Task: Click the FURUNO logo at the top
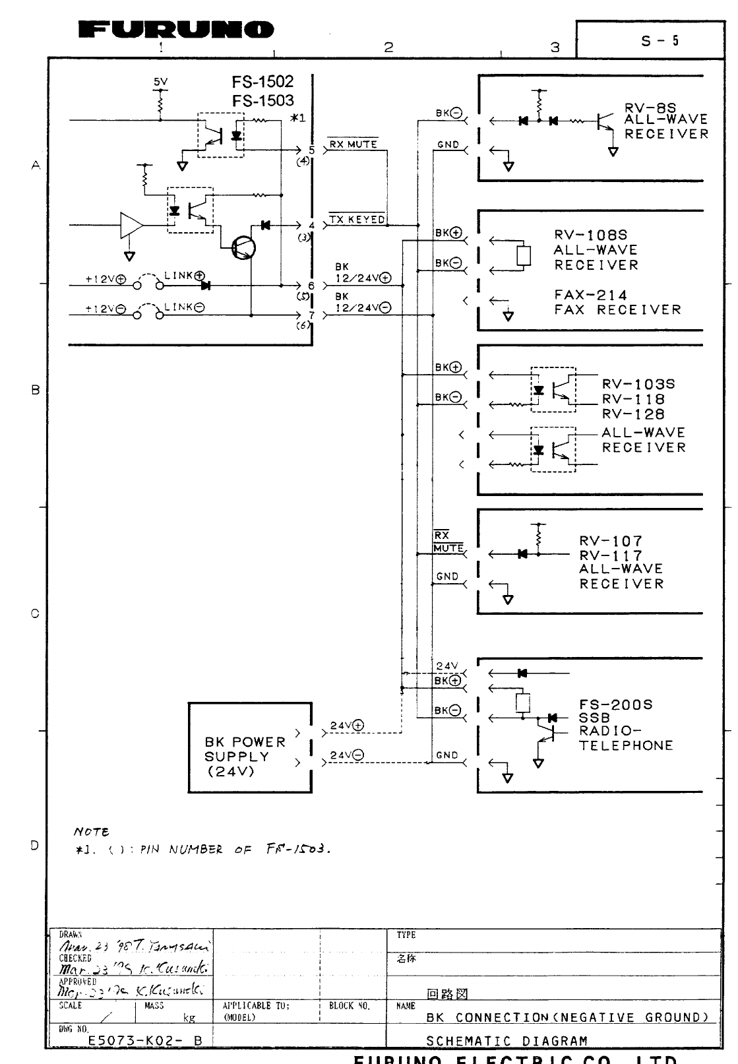pyautogui.click(x=175, y=30)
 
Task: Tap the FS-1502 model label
pyautogui.click(x=262, y=82)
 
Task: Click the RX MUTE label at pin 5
pyautogui.click(x=353, y=144)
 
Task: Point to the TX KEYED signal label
pyautogui.click(x=357, y=220)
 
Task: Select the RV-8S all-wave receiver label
pyautogui.click(x=666, y=121)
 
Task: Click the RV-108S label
pyautogui.click(x=591, y=235)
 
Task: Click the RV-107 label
pyautogui.click(x=611, y=542)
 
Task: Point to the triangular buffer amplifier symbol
pyautogui.click(x=131, y=225)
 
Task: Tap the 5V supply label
pyautogui.click(x=160, y=82)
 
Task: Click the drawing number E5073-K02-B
pyautogui.click(x=145, y=1041)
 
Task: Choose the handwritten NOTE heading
pyautogui.click(x=91, y=832)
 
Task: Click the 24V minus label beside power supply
pyautogui.click(x=347, y=756)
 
